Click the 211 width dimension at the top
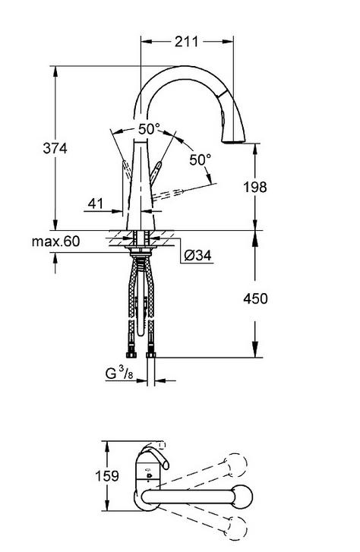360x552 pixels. [x=187, y=42]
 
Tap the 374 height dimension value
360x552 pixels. [x=55, y=148]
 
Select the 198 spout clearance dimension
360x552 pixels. [x=255, y=187]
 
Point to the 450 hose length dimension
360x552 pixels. [x=255, y=298]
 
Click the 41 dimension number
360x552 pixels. [x=96, y=203]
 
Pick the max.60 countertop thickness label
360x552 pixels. [x=56, y=241]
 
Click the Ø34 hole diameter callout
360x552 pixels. [x=198, y=255]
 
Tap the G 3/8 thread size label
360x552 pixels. [x=119, y=373]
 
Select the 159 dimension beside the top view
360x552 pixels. [x=107, y=476]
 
